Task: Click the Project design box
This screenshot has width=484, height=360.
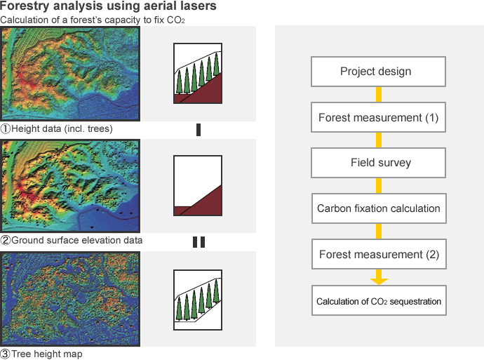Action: tap(378, 72)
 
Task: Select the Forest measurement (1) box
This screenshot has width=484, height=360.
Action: tap(378, 117)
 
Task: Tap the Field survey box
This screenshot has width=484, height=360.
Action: tap(378, 163)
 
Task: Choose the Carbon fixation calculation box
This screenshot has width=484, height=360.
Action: tap(379, 208)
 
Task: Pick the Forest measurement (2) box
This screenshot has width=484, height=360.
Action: tap(379, 254)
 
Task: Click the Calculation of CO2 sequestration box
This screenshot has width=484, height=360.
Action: tap(379, 300)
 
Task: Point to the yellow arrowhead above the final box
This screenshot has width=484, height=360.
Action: tap(379, 281)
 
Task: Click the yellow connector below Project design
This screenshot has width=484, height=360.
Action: tap(379, 95)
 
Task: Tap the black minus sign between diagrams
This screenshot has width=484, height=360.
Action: tap(199, 130)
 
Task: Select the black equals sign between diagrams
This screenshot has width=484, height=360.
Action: tap(199, 242)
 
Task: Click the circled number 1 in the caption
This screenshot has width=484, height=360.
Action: tap(5, 128)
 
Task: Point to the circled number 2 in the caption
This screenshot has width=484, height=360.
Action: tap(5, 241)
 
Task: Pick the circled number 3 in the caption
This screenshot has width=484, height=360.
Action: tap(5, 354)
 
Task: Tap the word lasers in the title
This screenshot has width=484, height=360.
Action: tap(199, 6)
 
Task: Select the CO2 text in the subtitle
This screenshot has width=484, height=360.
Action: tap(175, 20)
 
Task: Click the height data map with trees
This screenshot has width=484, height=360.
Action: tap(70, 74)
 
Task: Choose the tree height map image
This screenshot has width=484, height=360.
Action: tap(70, 299)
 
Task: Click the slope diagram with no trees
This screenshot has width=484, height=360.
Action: tap(198, 185)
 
